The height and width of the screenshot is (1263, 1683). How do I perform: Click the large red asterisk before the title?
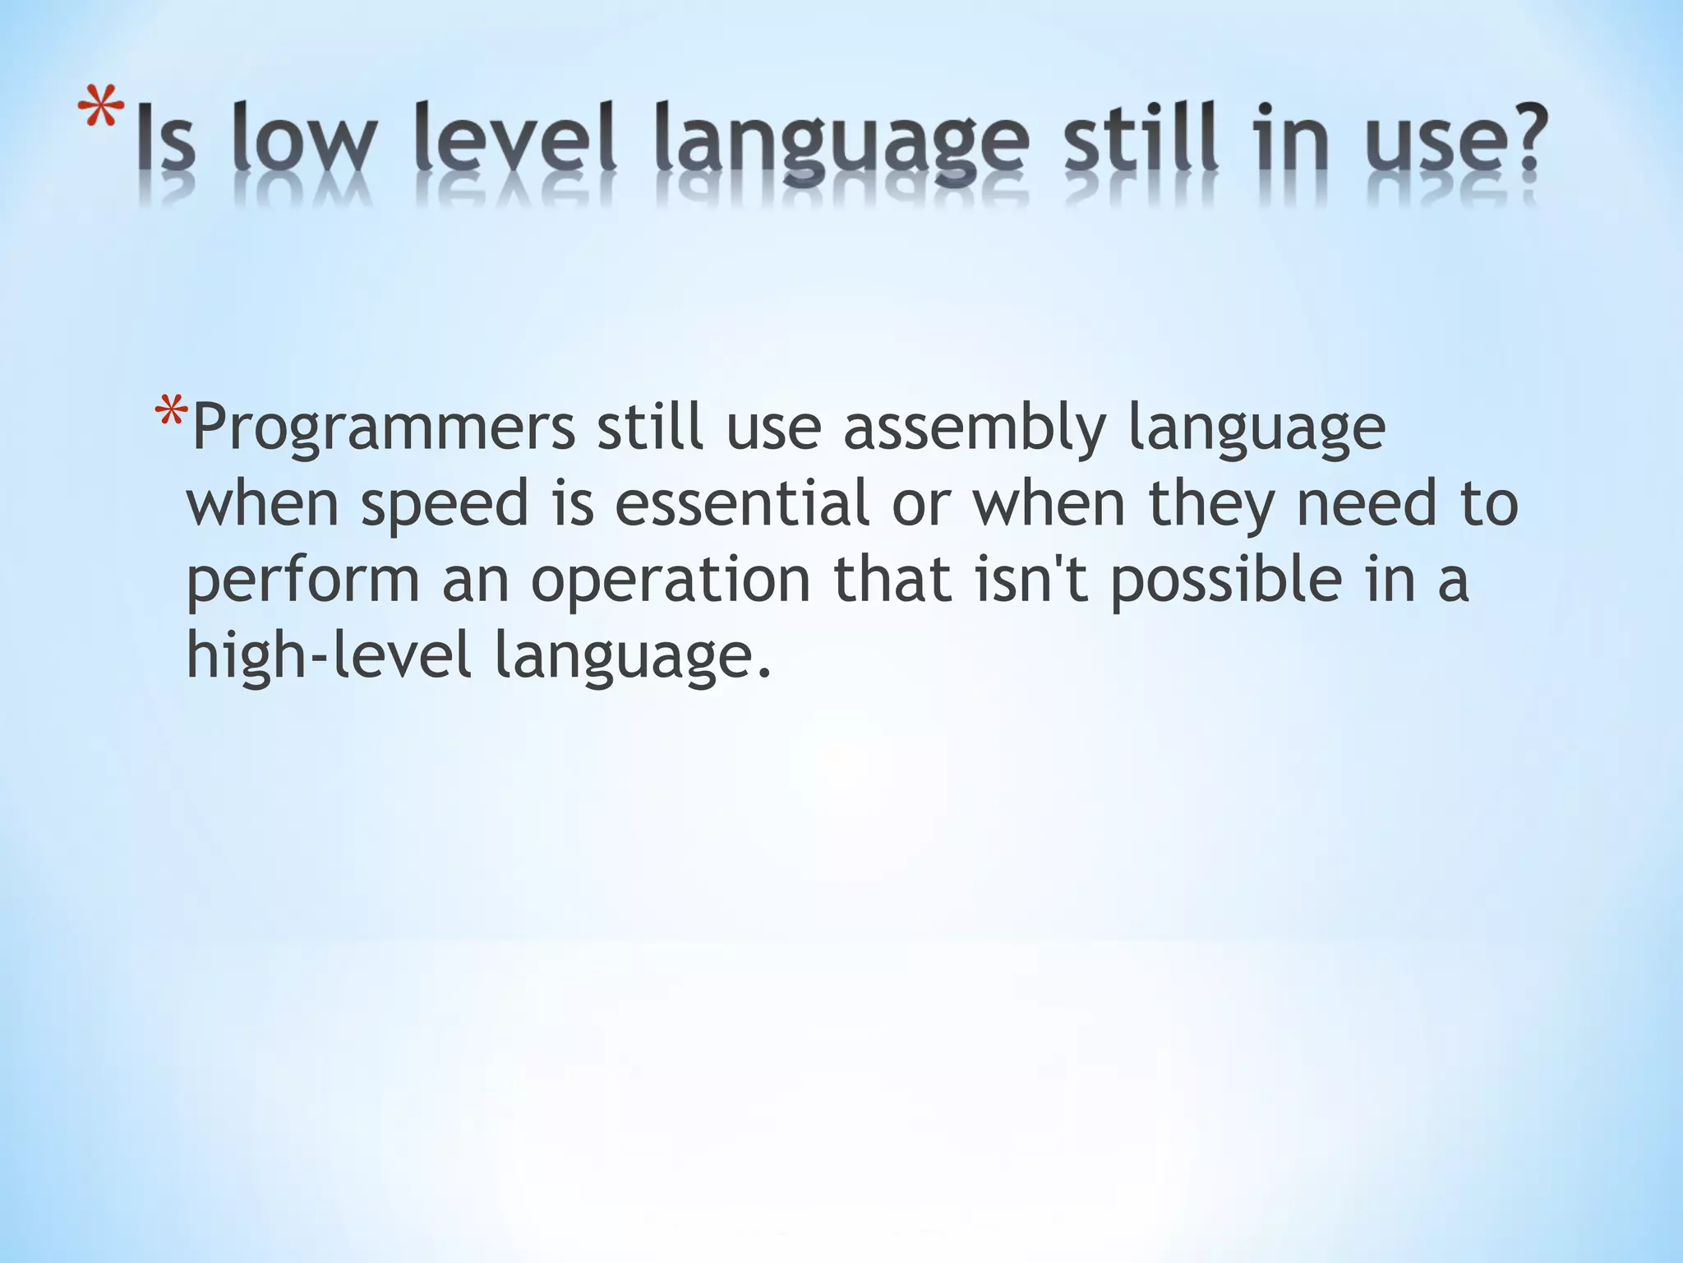(x=101, y=111)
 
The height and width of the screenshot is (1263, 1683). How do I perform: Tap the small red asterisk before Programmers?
(x=171, y=411)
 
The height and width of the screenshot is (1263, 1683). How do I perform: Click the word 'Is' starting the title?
(x=165, y=140)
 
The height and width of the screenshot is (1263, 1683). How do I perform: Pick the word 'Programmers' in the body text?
(x=383, y=429)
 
